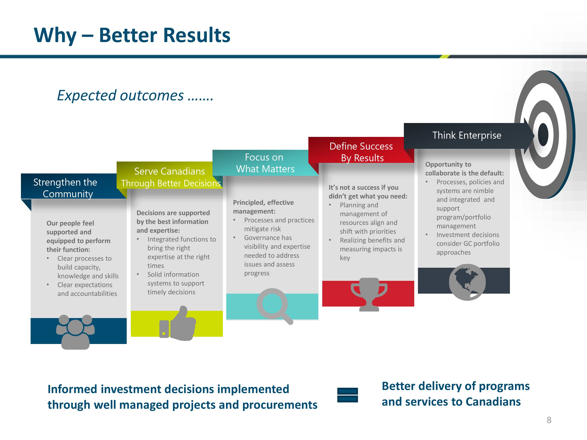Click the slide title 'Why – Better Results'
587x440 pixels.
pyautogui.click(x=132, y=35)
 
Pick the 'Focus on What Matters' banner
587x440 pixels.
pyautogui.click(x=265, y=163)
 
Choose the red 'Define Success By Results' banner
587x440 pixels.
pyautogui.click(x=361, y=150)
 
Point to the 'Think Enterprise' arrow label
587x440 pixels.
pyautogui.click(x=467, y=135)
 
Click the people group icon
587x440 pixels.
pyautogui.click(x=75, y=332)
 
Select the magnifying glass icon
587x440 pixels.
pyautogui.click(x=275, y=306)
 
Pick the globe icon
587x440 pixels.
pyautogui.click(x=467, y=282)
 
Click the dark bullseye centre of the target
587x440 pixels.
pyautogui.click(x=543, y=135)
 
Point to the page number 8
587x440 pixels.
pyautogui.click(x=549, y=420)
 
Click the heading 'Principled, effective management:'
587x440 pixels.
pyautogui.click(x=263, y=207)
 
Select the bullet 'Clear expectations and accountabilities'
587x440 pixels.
pyautogui.click(x=87, y=289)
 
